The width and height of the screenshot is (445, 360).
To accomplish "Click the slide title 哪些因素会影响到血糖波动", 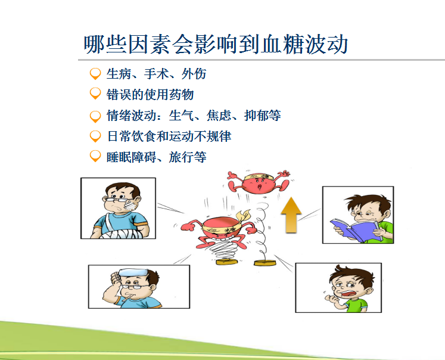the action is [216, 44].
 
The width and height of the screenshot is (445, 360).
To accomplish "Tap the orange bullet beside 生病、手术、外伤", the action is [95, 74].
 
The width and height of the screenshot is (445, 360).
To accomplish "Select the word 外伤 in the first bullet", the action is [194, 74].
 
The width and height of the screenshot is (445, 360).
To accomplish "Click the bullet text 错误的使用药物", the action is [150, 95].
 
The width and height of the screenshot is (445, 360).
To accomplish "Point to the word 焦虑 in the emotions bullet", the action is [219, 116].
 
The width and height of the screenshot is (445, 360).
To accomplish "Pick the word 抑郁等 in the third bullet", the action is [263, 116].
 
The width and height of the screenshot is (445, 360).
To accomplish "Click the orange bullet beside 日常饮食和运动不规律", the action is [95, 136].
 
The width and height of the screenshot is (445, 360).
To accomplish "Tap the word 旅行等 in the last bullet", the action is [188, 157].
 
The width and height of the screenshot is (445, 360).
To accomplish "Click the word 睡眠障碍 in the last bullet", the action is [132, 157].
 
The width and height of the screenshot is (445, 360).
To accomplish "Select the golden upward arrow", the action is [291, 215].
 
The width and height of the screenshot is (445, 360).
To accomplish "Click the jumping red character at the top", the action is [259, 182].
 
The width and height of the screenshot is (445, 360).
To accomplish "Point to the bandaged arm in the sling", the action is [119, 234].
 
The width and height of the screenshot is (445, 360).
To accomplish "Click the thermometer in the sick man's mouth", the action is [126, 297].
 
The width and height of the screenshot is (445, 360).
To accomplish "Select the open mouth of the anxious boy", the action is [348, 293].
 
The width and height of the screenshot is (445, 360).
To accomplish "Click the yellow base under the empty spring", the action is [264, 263].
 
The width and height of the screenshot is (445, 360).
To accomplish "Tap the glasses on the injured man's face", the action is [116, 200].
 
